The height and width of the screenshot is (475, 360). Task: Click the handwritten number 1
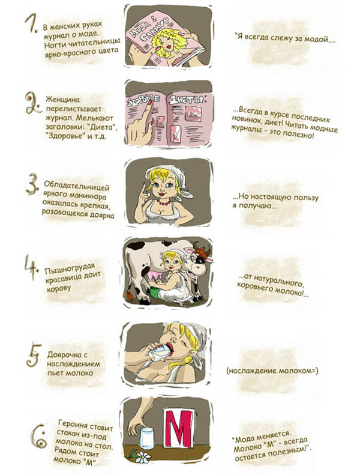click(x=31, y=23)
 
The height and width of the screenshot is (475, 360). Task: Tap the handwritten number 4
click(x=31, y=267)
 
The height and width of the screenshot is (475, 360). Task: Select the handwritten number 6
click(x=39, y=437)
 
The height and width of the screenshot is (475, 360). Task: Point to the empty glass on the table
click(x=148, y=438)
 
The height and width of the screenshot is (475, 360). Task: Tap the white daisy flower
click(x=143, y=457)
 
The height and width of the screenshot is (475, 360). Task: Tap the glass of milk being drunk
click(x=158, y=353)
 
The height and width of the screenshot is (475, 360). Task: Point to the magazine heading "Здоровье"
click(x=142, y=101)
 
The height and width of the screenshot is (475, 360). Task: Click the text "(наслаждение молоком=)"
click(x=272, y=371)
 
